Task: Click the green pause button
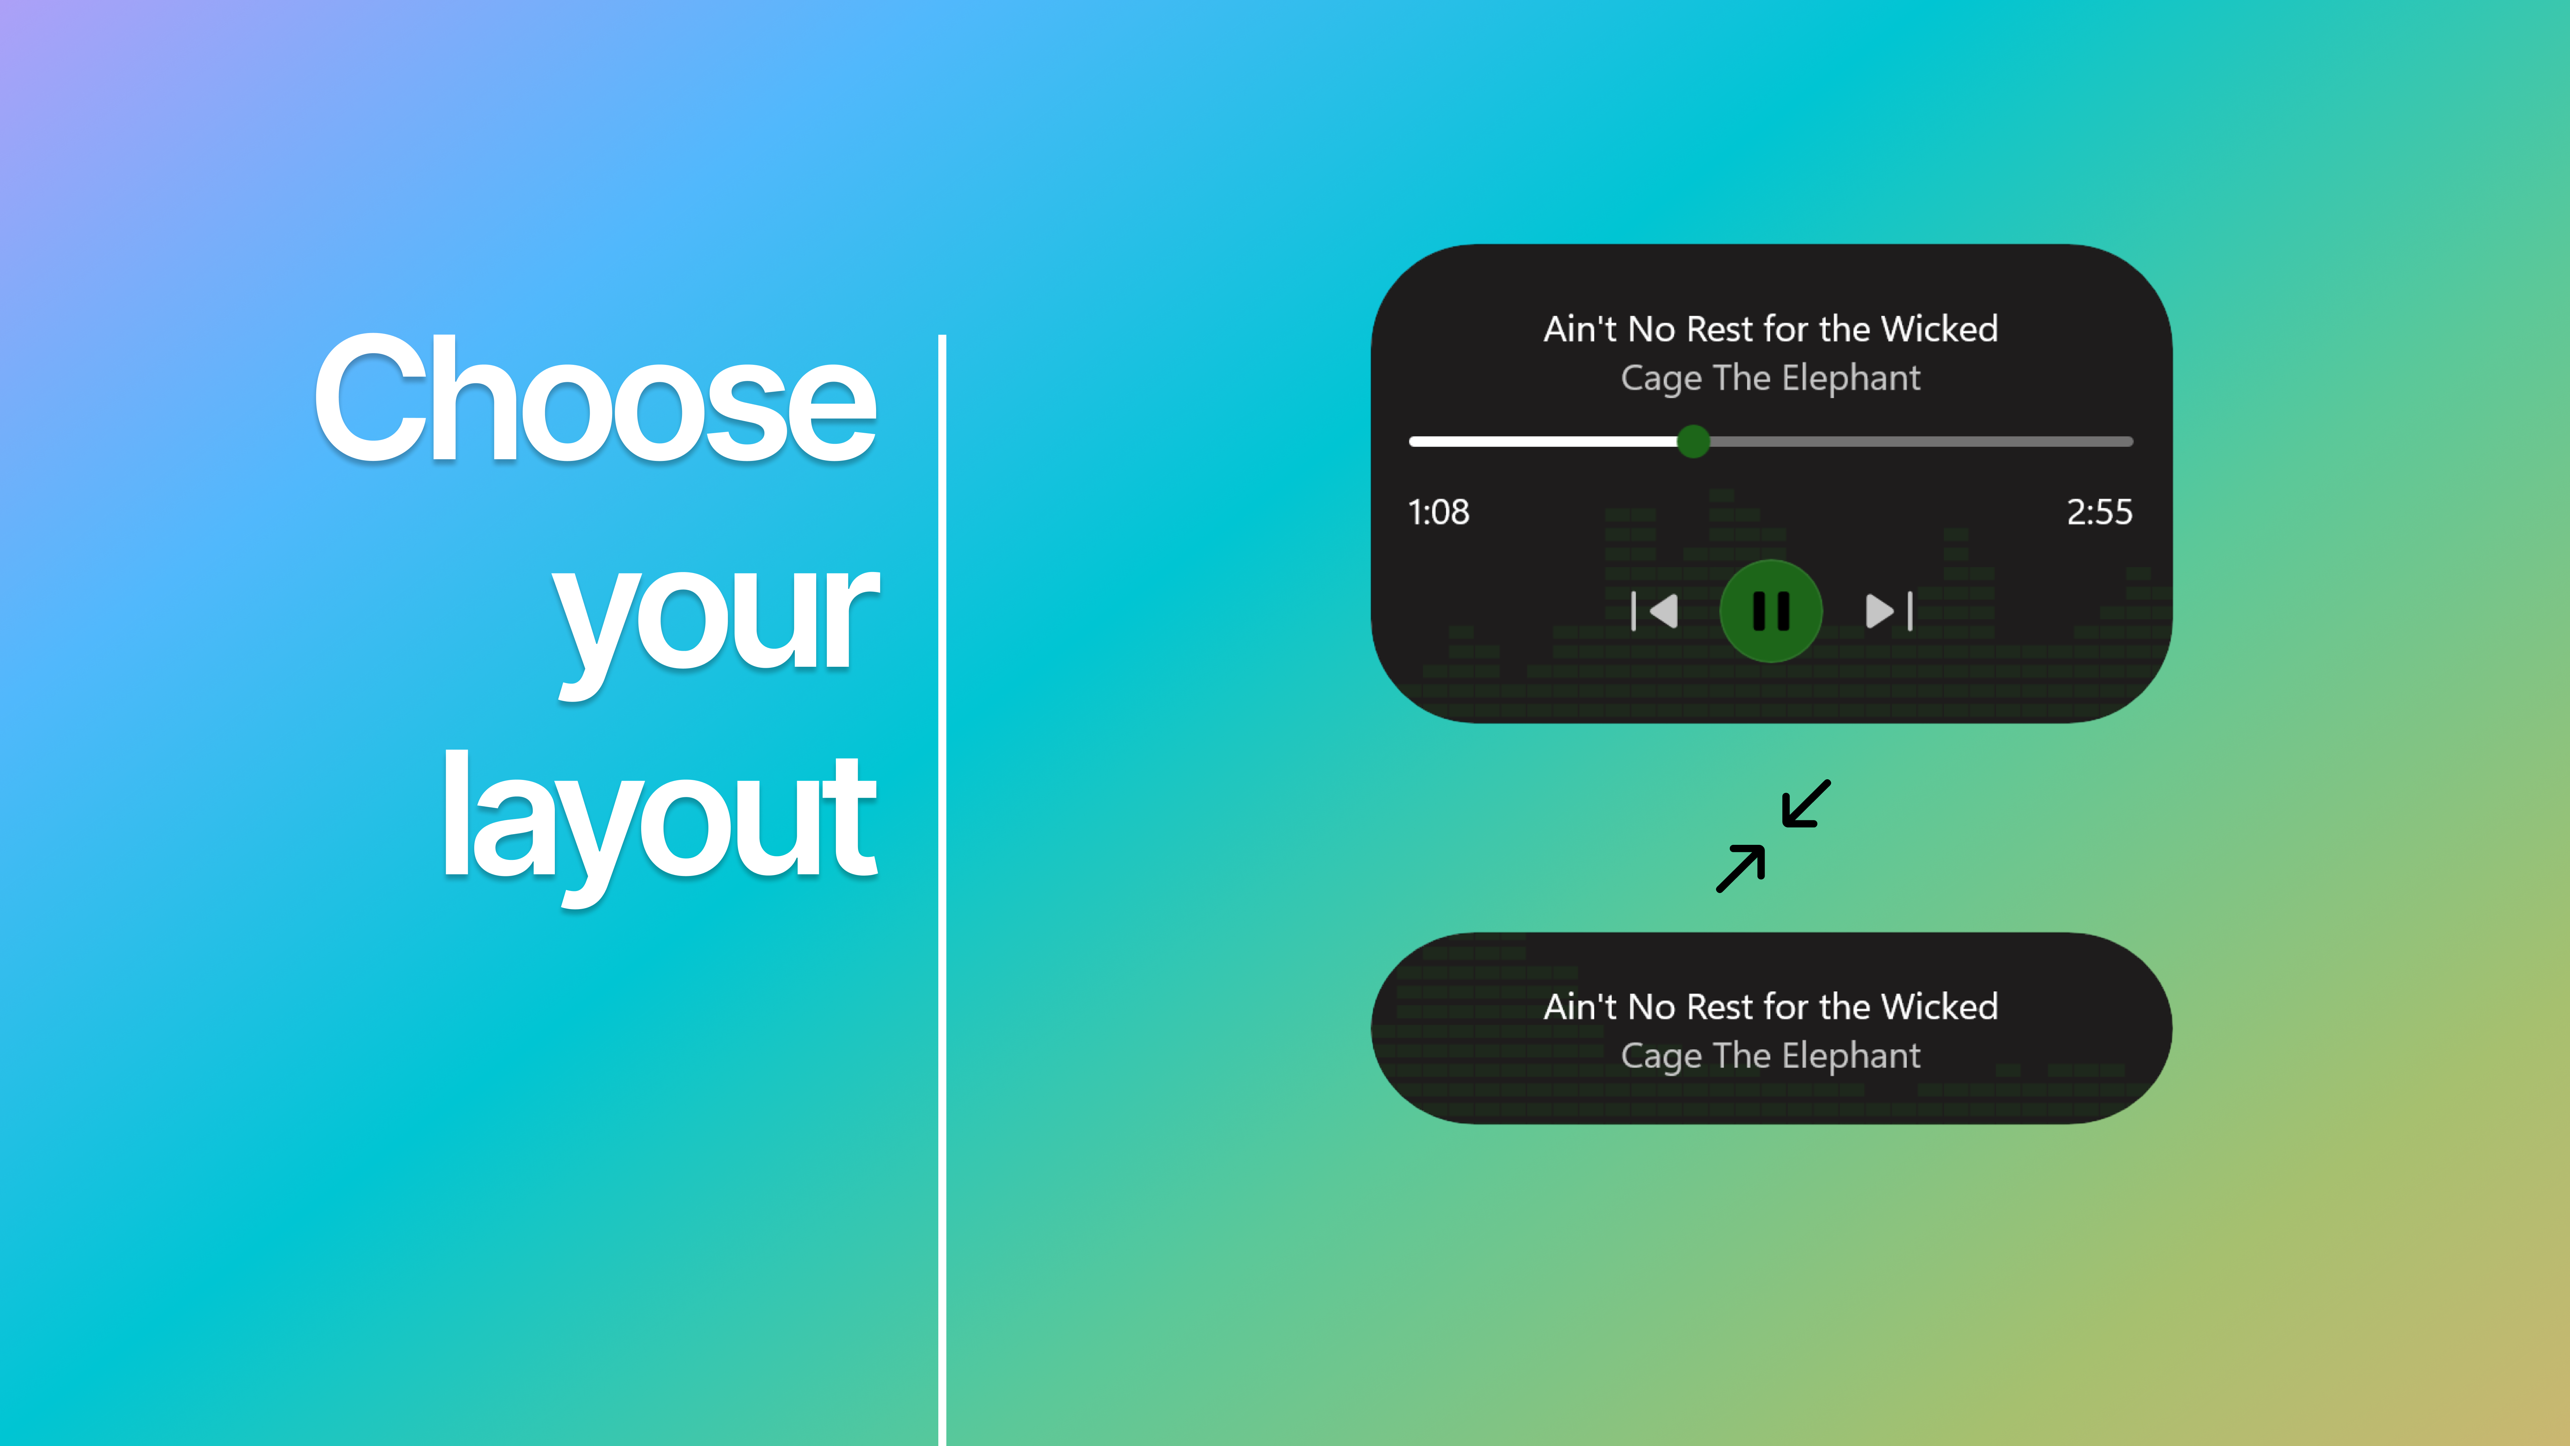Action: coord(1771,611)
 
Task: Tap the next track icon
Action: coord(1888,611)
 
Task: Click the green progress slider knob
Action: coord(1693,441)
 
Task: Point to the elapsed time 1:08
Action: coord(1438,512)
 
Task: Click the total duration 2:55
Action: coord(2099,512)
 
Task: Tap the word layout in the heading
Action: coord(659,818)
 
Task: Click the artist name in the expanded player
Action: coord(1771,378)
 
